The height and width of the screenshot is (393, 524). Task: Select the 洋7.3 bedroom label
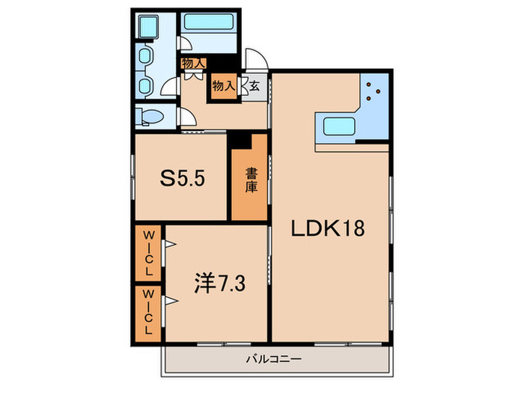point(214,284)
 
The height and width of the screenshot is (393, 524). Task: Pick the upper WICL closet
point(148,252)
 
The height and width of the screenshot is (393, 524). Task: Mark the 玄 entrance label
point(255,86)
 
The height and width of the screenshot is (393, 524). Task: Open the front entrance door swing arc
point(256,60)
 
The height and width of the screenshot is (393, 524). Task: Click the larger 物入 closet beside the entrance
point(224,86)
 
